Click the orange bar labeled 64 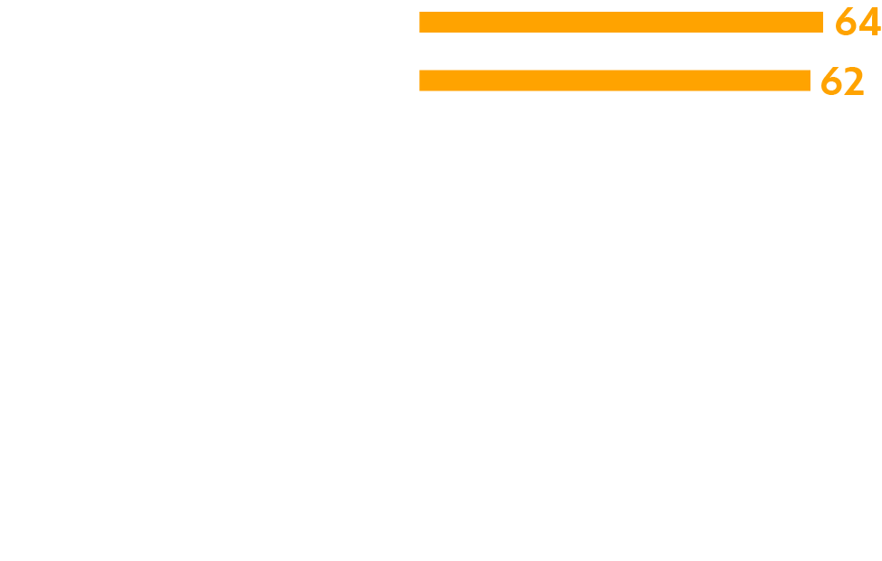(x=620, y=22)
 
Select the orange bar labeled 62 (x=614, y=81)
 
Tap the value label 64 (x=858, y=23)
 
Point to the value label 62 (x=842, y=82)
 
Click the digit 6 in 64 (x=846, y=23)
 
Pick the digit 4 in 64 (x=870, y=23)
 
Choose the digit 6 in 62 (x=830, y=82)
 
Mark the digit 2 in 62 (x=854, y=82)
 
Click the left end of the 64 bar (x=422, y=22)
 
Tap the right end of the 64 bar (x=820, y=22)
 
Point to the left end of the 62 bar (x=422, y=81)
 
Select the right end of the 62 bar (x=808, y=81)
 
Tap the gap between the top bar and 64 (x=829, y=22)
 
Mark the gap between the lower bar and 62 (x=815, y=81)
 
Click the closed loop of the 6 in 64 (x=846, y=28)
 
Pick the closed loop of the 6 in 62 (x=830, y=87)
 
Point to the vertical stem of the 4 (x=874, y=23)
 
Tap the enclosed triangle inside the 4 (x=868, y=23)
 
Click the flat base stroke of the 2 (x=854, y=93)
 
